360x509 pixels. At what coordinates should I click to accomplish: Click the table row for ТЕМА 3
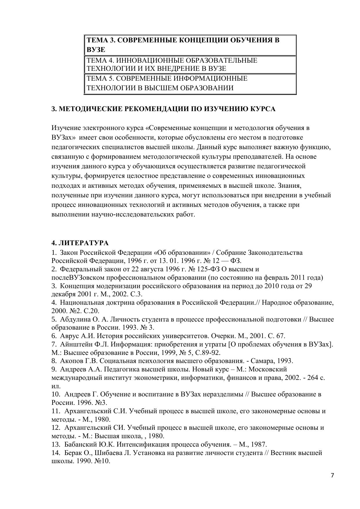(x=190, y=45)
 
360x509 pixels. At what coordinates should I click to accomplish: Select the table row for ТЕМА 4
(x=190, y=64)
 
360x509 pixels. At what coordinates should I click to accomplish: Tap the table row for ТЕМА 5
(x=190, y=83)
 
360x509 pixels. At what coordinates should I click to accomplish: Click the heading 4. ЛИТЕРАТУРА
(x=80, y=243)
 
